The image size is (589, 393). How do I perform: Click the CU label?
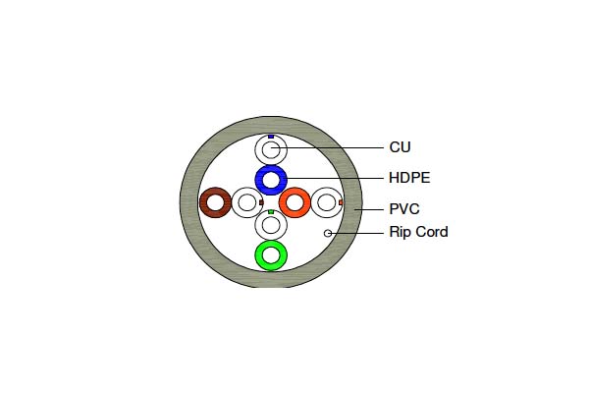(x=401, y=147)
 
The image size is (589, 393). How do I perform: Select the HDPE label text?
(x=409, y=178)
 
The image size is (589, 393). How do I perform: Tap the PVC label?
(x=404, y=209)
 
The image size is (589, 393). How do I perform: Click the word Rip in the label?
(x=398, y=233)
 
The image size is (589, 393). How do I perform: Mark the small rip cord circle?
(x=328, y=233)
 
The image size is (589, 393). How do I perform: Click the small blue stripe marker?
(x=271, y=137)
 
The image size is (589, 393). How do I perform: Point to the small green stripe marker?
(x=271, y=212)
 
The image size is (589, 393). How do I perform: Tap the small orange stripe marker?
(x=341, y=202)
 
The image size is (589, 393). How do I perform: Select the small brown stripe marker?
(x=261, y=202)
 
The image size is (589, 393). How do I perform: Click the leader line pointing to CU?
(x=328, y=147)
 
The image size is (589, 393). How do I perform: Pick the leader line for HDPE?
(x=335, y=178)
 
